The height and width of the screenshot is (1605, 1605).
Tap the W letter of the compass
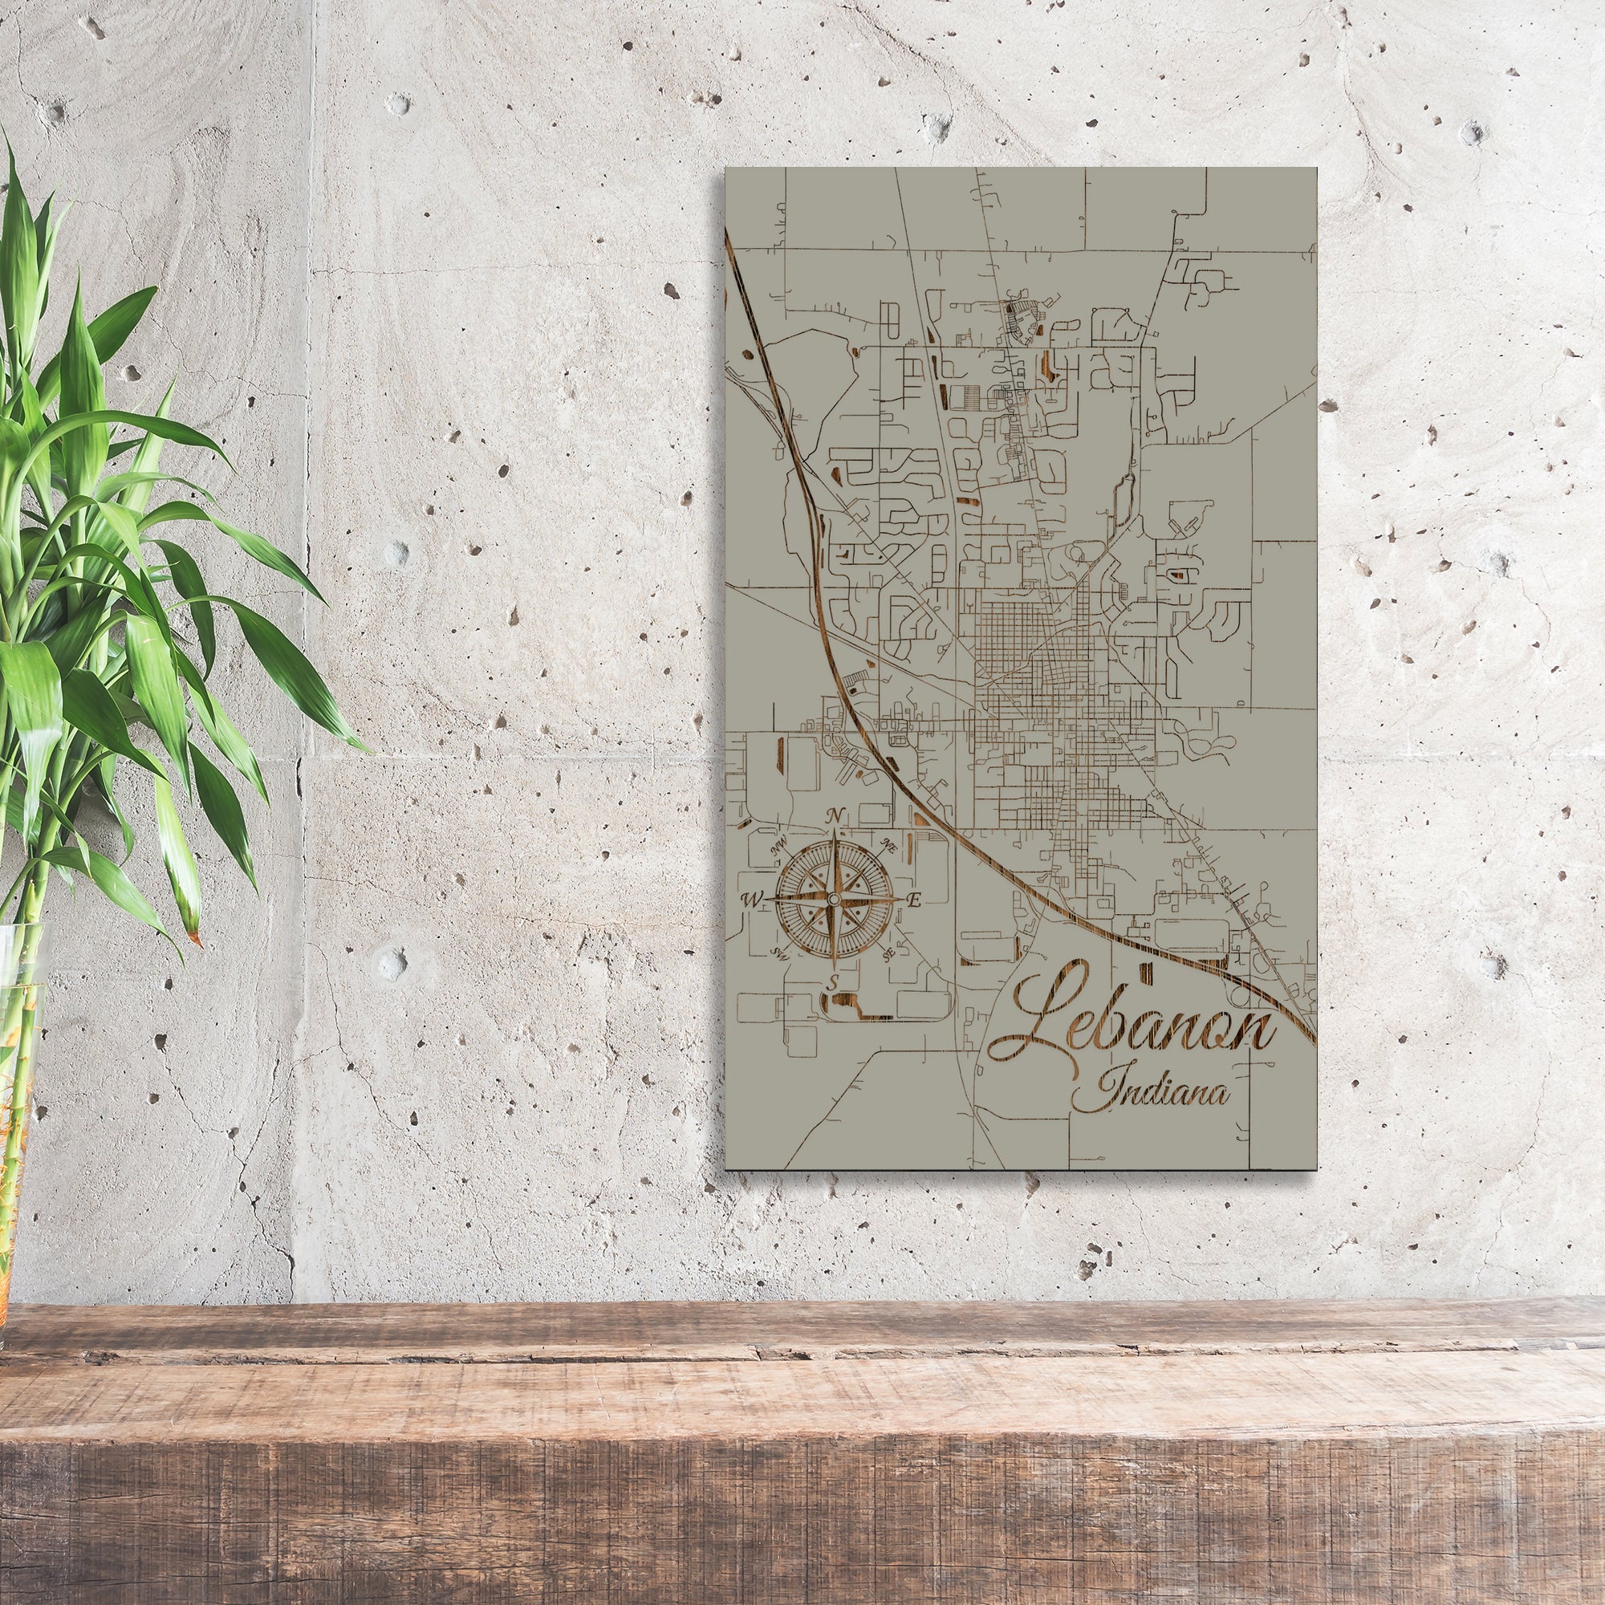pos(754,899)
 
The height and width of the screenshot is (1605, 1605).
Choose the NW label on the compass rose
pos(778,847)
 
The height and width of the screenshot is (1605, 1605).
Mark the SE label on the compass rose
pos(888,954)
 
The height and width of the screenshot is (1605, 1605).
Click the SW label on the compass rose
pos(778,953)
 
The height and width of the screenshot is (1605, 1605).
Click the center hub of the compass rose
pos(833,900)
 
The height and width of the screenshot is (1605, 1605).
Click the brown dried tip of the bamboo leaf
pos(195,938)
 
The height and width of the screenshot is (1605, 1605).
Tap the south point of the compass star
pos(832,965)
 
